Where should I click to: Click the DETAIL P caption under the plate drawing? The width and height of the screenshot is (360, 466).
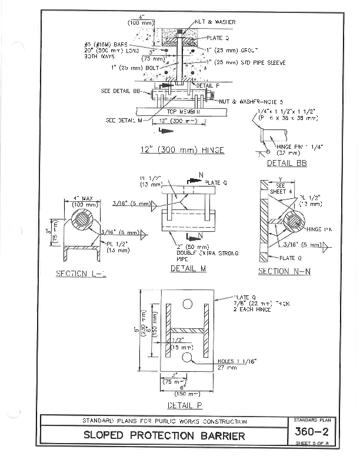click(185, 405)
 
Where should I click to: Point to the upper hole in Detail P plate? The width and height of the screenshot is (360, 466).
click(188, 304)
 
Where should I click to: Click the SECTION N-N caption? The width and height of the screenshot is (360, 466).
click(282, 271)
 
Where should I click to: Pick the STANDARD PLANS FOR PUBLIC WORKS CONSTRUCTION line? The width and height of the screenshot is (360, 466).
click(164, 421)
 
